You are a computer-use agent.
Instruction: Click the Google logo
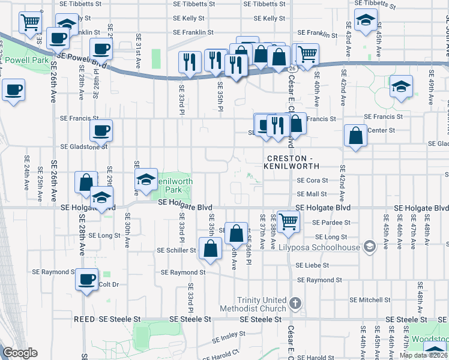pos(20,353)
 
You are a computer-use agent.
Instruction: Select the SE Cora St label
pos(313,180)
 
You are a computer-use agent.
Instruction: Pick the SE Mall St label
pos(312,194)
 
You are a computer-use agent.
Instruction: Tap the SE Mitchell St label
pos(370,299)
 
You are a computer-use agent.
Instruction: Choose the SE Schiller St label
pos(176,250)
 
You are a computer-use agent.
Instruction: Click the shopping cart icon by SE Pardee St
pos(288,221)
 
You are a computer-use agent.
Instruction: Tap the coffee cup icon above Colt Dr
pos(88,280)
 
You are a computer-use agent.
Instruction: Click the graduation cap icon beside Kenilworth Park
pos(146,179)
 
